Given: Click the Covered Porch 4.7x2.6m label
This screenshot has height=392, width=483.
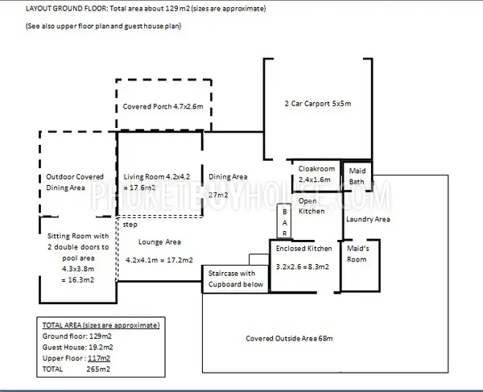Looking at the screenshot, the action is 163,106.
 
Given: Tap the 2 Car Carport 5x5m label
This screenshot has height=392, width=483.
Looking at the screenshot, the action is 318,104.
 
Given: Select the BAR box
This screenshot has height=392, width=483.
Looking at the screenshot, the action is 284,221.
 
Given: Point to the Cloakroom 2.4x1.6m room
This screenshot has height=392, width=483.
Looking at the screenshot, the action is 316,175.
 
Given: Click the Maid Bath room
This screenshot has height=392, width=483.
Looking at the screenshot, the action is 357,175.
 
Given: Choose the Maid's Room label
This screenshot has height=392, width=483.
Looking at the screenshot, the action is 357,254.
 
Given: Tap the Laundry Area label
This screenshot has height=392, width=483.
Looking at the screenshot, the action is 368,219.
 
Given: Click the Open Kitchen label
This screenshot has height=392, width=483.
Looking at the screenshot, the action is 312,206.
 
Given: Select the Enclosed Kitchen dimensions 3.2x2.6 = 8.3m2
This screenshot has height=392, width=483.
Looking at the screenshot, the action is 303,266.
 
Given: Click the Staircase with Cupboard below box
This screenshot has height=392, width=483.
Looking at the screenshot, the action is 235,279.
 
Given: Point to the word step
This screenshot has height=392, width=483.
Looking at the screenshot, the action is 130,225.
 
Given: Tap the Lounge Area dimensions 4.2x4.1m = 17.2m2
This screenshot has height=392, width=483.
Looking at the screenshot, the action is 159,260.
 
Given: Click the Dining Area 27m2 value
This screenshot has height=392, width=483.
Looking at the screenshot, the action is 218,195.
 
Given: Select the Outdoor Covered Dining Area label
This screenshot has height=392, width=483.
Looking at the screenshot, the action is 75,182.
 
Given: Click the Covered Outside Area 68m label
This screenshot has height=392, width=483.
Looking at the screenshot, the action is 289,338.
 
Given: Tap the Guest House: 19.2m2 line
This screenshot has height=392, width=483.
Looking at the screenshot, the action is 77,348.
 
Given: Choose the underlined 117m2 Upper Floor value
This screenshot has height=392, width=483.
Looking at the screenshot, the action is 99,358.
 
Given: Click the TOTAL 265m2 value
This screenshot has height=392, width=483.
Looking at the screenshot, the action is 98,369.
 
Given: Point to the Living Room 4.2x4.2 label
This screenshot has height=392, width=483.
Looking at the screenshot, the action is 157,177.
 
